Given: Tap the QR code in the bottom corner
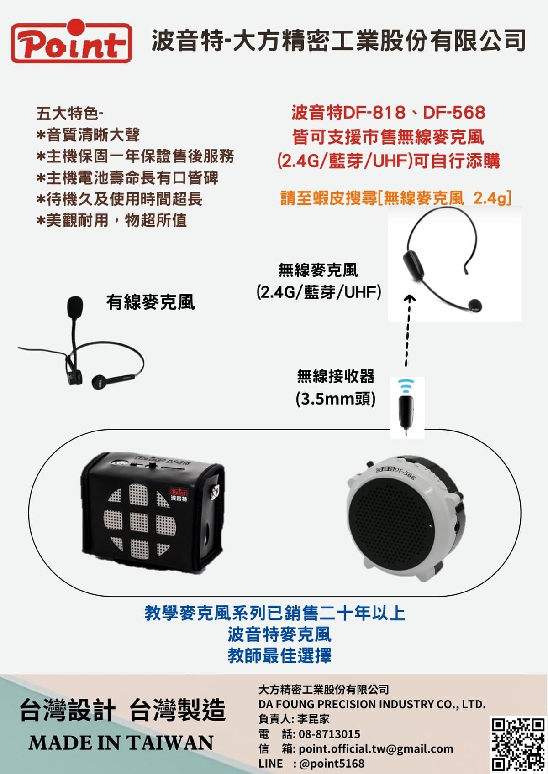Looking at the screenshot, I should pos(517,744).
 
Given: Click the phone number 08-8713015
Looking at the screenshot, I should pos(329,734).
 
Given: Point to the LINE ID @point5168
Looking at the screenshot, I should pos(332,763).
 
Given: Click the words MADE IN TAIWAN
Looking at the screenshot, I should pos(121,743).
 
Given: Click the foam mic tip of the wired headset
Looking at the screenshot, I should pos(75,307).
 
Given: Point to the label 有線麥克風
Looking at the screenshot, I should pos(150,302).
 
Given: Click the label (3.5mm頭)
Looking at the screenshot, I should pos(336,399).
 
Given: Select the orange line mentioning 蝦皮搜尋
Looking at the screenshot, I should pos(395,198).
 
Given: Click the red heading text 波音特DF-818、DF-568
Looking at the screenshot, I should pos(388,112).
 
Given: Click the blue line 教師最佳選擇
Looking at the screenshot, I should pos(279,655).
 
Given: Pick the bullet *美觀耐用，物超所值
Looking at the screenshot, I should pos(111,220).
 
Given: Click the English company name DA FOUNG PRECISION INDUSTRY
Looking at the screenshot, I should pos(372,704).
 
